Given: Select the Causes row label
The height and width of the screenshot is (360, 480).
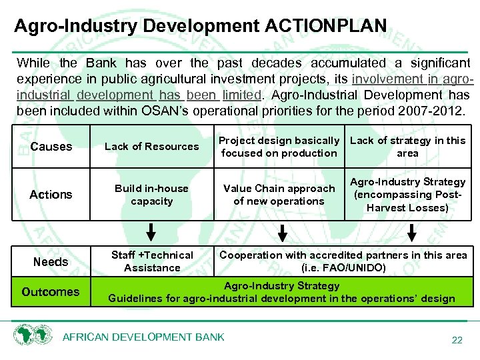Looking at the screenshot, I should tap(51, 147).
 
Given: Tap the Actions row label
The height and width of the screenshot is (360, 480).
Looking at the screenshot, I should tap(51, 195).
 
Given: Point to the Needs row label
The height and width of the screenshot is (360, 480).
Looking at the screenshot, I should tap(51, 262).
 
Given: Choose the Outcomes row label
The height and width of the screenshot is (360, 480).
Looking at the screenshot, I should tap(51, 292).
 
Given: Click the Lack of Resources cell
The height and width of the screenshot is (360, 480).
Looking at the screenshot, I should tap(152, 147).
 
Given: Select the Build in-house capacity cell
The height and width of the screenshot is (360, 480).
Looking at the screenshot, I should tap(152, 195).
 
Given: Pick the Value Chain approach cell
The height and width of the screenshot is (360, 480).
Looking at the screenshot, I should tap(279, 195).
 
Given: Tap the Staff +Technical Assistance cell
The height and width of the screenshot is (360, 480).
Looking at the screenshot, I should tap(152, 261).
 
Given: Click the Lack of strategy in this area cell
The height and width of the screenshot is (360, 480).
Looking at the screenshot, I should tap(407, 147).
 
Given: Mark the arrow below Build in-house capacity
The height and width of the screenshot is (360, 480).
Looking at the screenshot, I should tap(152, 233).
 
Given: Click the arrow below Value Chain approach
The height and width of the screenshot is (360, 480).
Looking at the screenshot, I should tap(283, 233).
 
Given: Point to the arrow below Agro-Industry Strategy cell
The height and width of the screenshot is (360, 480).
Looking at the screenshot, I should tap(412, 233).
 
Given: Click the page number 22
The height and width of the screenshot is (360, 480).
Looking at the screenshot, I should tap(457, 340).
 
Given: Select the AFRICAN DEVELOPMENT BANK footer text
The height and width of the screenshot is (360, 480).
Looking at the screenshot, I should tap(143, 337).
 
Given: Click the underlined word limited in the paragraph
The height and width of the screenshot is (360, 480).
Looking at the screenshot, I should tap(241, 95).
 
